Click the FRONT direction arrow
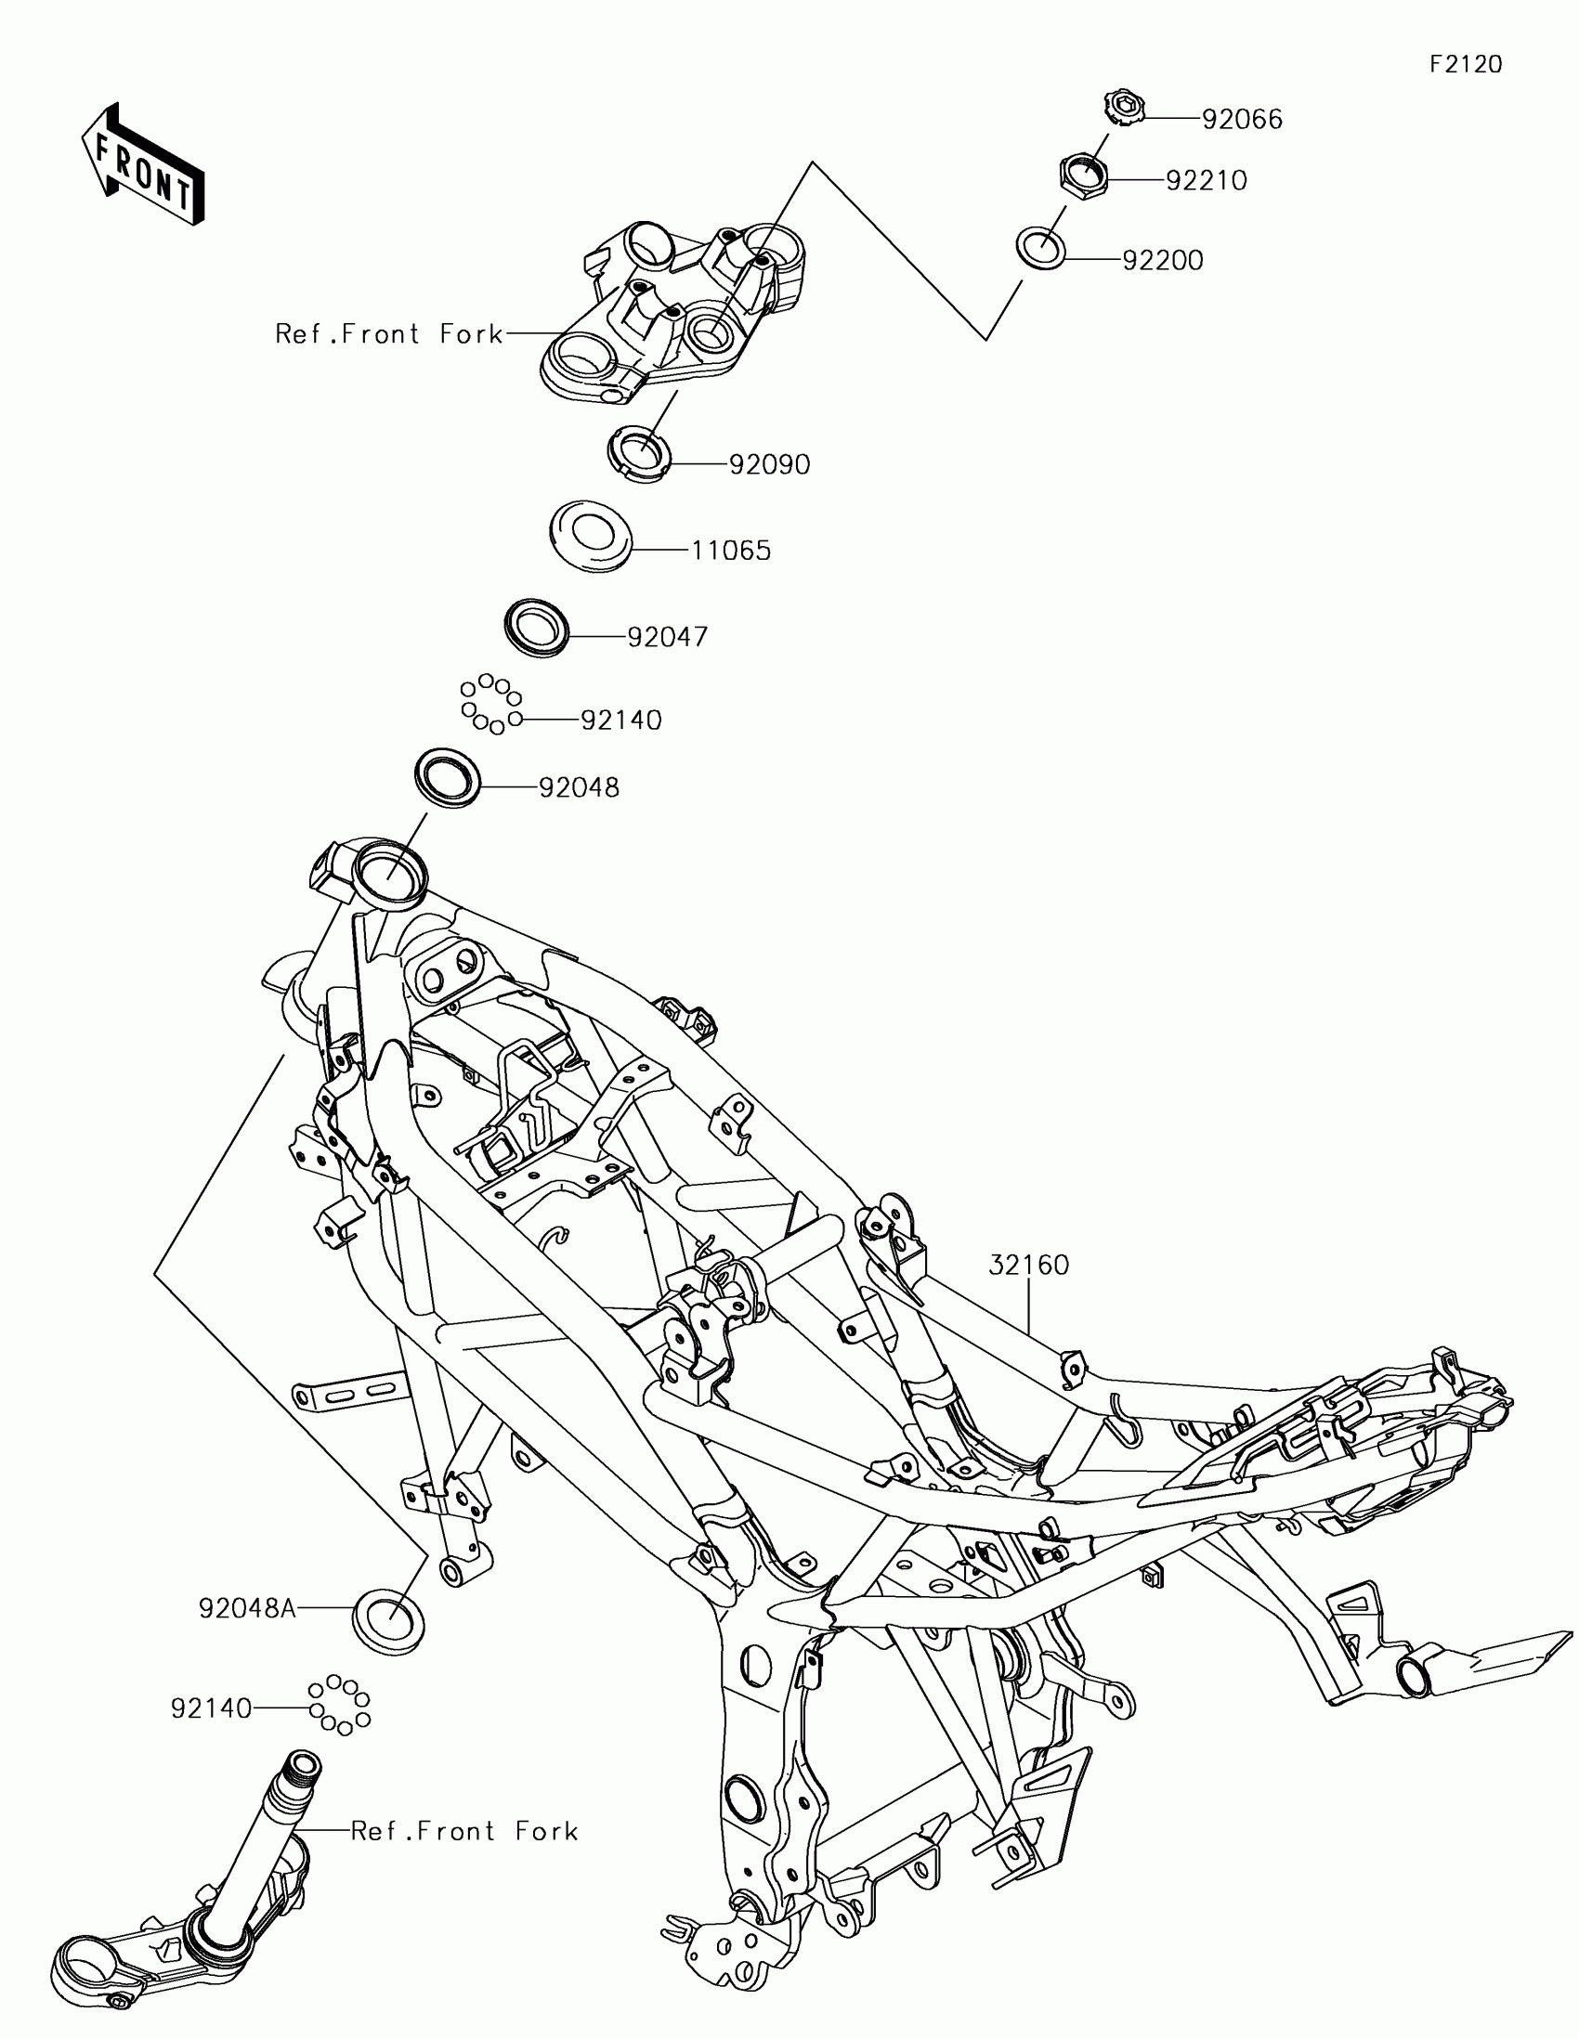coord(143,164)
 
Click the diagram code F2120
coord(1466,64)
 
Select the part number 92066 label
coord(1242,120)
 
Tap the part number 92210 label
coord(1207,180)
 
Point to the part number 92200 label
coord(1163,261)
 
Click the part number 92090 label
coord(769,464)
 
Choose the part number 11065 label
coord(731,551)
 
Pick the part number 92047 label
coord(668,637)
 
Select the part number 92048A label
coord(246,1607)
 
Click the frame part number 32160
coord(1029,1265)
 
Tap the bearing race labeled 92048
coord(448,777)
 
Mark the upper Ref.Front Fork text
coord(388,334)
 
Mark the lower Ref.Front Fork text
coord(464,1831)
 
